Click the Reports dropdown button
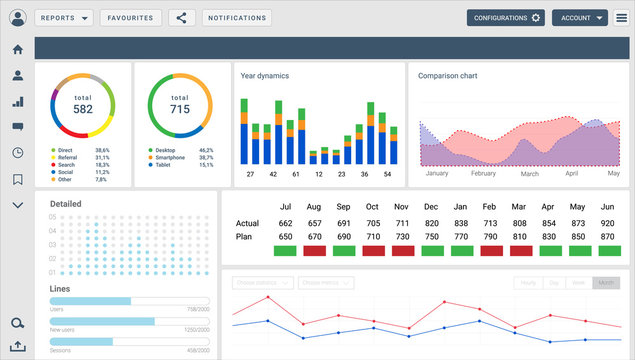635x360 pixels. (64, 18)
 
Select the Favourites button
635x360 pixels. (131, 18)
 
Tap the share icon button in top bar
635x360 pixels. (181, 18)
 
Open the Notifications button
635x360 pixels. (236, 18)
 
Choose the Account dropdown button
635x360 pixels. (580, 18)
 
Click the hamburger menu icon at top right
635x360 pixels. (621, 18)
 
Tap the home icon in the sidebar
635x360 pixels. (17, 50)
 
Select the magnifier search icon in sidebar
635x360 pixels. (17, 323)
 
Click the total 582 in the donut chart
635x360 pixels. (83, 105)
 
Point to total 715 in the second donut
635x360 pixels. (180, 105)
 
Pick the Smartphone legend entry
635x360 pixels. (171, 157)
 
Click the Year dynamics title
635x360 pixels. (264, 75)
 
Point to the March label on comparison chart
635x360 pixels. (530, 173)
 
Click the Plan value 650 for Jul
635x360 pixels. (285, 236)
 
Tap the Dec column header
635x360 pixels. (431, 206)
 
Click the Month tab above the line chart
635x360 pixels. (605, 283)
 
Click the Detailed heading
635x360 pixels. (66, 203)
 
